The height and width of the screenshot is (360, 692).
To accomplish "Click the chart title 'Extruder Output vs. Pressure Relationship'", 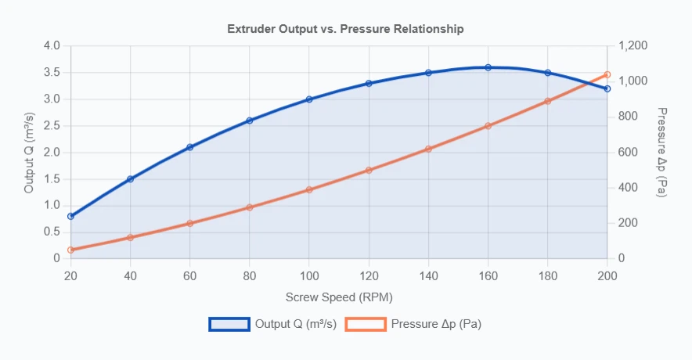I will pos(345,29).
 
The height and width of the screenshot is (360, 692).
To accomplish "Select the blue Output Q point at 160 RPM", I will pos(488,67).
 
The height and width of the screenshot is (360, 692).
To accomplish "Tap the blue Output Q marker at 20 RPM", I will pos(70,216).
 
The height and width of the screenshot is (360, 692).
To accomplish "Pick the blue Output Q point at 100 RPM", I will pos(309,99).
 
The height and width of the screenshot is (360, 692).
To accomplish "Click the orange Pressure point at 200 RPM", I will pos(607,74).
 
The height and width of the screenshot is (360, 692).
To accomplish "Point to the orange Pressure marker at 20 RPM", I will pos(70,250).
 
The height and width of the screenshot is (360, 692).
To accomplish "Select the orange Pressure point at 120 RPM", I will pos(369,170).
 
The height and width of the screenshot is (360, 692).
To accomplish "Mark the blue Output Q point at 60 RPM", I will pos(189,147).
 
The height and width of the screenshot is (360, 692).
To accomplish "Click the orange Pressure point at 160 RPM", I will pos(488,126).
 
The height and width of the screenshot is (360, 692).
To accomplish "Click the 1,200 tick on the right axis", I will pos(633,46).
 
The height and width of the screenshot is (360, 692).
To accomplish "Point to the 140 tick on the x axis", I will pos(428,275).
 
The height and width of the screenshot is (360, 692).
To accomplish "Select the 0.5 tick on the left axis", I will pos(52,232).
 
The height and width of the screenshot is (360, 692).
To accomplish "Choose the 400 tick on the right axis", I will pos(628,188).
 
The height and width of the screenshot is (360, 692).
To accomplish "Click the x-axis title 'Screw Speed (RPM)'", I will pos(339,297).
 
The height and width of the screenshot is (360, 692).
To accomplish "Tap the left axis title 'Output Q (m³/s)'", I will pos(29,152).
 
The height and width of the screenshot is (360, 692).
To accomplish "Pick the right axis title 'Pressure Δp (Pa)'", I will pos(661,152).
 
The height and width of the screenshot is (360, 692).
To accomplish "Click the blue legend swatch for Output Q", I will pos(229,324).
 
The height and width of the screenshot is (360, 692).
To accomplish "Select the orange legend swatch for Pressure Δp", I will pos(366,324).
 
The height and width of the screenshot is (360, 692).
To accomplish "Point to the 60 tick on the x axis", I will pos(189,275).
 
